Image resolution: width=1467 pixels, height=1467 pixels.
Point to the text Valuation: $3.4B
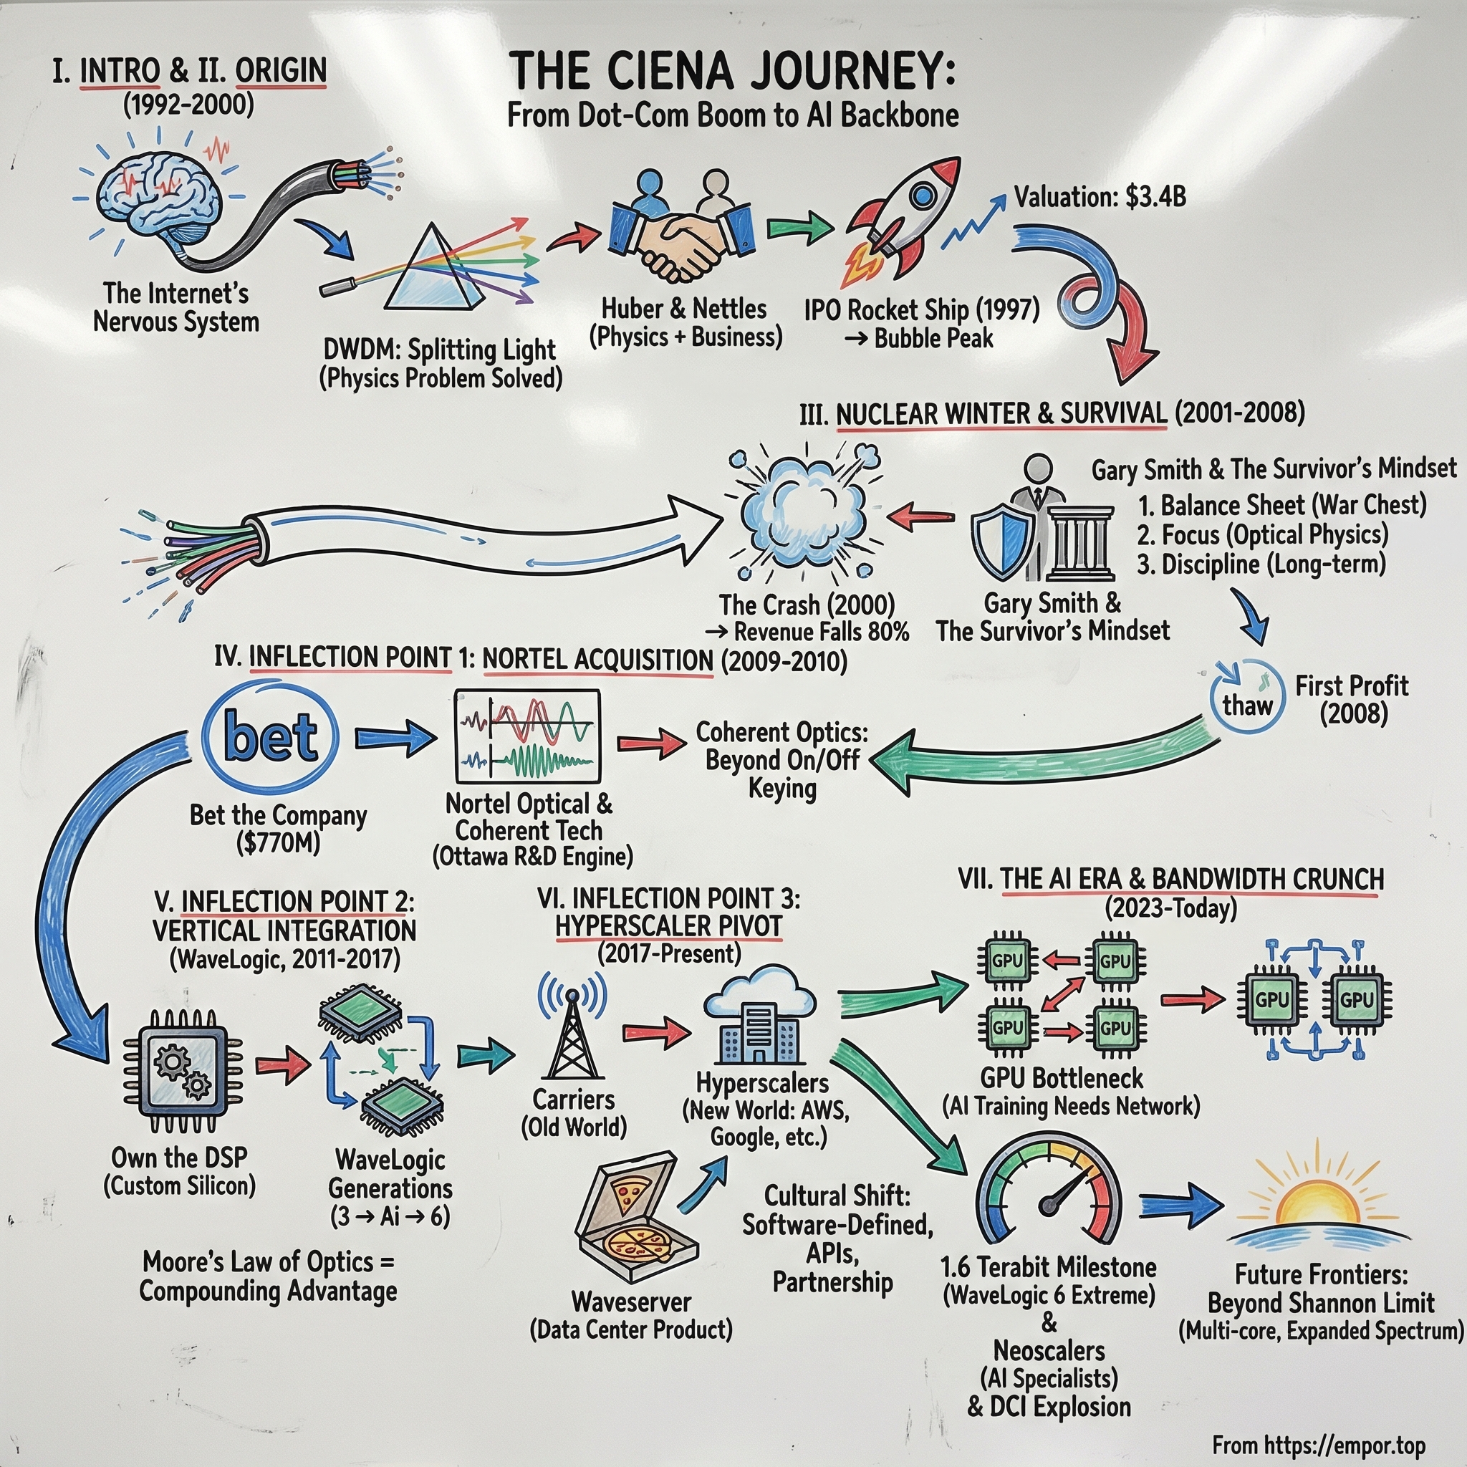(1100, 198)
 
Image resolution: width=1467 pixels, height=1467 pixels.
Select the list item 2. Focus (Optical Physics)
(1262, 535)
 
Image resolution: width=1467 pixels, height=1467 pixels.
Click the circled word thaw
(1247, 704)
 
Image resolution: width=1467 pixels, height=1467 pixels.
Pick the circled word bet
(270, 736)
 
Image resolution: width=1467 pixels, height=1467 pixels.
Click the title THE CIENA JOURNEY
(733, 72)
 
